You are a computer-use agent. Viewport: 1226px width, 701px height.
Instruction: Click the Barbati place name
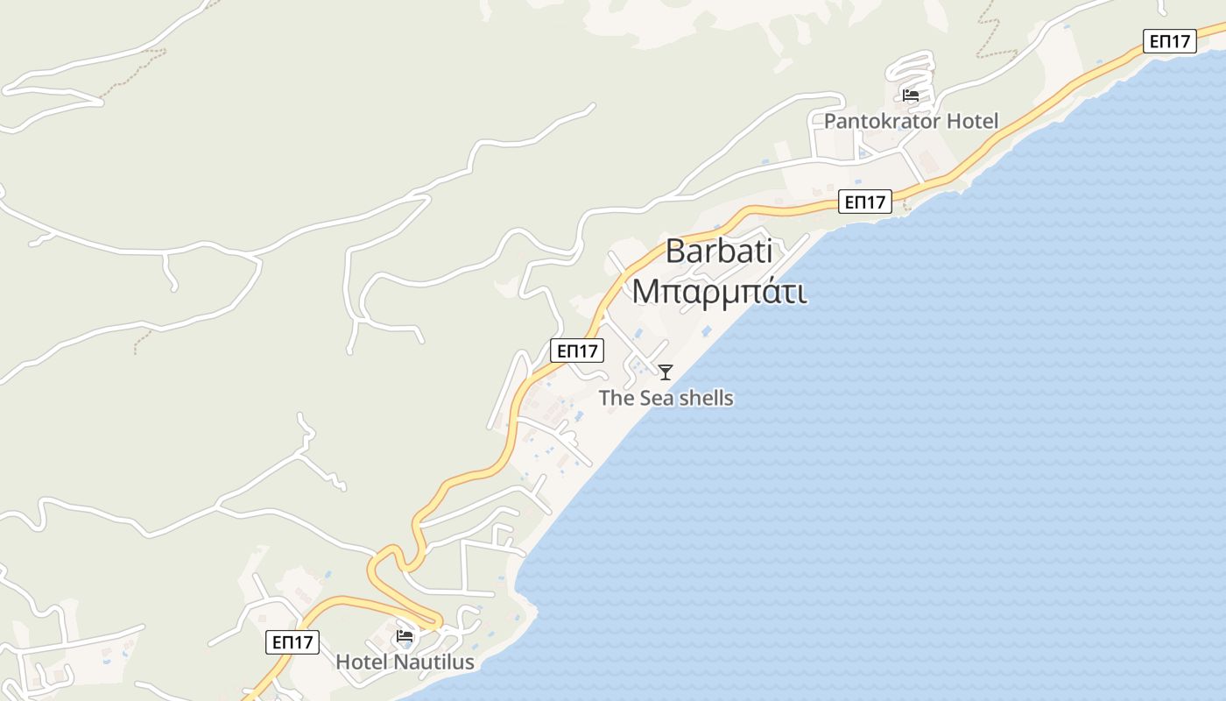(x=719, y=251)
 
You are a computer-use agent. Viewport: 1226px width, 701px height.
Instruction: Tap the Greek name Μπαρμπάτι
(x=719, y=292)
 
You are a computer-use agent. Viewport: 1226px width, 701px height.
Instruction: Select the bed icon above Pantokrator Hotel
(x=911, y=95)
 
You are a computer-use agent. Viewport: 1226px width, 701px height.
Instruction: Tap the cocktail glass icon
(x=666, y=372)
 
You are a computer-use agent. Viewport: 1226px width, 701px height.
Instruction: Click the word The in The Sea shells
(x=616, y=398)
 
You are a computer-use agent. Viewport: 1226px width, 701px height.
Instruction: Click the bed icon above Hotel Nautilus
(x=405, y=635)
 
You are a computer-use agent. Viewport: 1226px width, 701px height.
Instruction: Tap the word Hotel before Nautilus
(x=362, y=662)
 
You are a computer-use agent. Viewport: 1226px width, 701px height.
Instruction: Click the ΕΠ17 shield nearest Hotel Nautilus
(x=292, y=642)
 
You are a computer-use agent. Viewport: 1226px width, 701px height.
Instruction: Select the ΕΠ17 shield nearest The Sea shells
(x=577, y=351)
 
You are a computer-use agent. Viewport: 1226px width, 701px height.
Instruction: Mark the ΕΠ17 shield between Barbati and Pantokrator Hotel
(x=864, y=202)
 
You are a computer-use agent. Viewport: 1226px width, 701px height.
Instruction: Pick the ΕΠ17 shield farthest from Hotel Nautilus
(x=1169, y=41)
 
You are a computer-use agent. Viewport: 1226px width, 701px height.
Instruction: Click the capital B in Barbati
(x=675, y=251)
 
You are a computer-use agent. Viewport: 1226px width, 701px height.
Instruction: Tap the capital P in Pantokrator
(x=830, y=121)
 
